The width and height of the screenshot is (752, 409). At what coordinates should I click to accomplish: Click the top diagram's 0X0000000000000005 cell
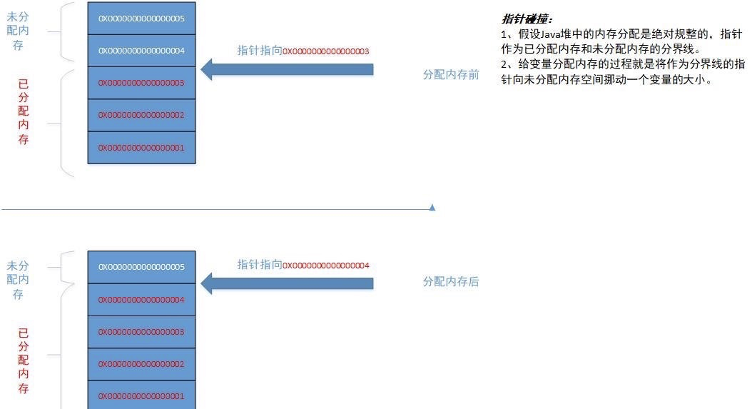pyautogui.click(x=141, y=19)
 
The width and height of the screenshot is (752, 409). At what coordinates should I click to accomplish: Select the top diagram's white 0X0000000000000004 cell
pyautogui.click(x=141, y=51)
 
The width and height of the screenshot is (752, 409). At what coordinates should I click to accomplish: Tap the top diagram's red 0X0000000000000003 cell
pyautogui.click(x=141, y=83)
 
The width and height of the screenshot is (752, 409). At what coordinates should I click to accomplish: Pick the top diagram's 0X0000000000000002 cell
pyautogui.click(x=141, y=115)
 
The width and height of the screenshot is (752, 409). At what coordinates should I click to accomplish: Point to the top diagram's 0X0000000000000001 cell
pyautogui.click(x=141, y=148)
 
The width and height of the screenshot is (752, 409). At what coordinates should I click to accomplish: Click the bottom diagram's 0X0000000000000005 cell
pyautogui.click(x=141, y=267)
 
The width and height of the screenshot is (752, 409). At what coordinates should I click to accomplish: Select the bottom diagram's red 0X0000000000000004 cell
pyautogui.click(x=141, y=300)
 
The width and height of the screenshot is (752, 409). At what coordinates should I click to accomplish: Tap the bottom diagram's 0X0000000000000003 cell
pyautogui.click(x=141, y=332)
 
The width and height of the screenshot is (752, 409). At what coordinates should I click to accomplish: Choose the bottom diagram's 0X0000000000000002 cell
pyautogui.click(x=141, y=364)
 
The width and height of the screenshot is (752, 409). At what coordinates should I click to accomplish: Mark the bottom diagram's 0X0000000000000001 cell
pyautogui.click(x=141, y=395)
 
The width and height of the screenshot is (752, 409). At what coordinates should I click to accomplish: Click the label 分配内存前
pyautogui.click(x=451, y=74)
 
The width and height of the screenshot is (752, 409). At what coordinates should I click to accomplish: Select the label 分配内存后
pyautogui.click(x=451, y=282)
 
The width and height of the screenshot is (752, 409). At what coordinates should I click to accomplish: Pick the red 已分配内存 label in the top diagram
pyautogui.click(x=24, y=112)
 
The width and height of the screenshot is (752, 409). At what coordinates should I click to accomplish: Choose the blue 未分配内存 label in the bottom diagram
pyautogui.click(x=17, y=280)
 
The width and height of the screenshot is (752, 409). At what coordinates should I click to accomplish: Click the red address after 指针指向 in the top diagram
pyautogui.click(x=326, y=51)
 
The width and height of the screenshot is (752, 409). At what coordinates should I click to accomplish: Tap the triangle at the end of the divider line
pyautogui.click(x=432, y=207)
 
